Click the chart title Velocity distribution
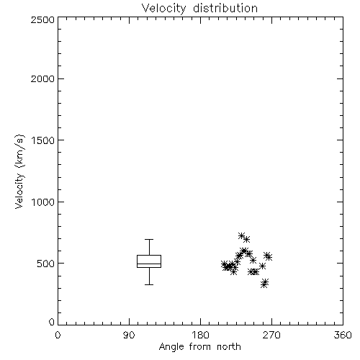(x=199, y=9)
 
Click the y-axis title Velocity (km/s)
(x=19, y=171)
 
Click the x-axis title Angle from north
(x=199, y=347)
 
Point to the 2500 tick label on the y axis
(x=42, y=20)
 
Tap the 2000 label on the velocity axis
(x=42, y=79)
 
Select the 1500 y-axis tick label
(x=43, y=140)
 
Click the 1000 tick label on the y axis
(x=43, y=202)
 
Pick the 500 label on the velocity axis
(x=45, y=264)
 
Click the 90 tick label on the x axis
(x=129, y=336)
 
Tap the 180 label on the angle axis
(x=200, y=336)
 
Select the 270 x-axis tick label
(x=271, y=336)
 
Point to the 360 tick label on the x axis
(x=343, y=336)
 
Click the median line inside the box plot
(x=149, y=264)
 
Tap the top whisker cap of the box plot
(x=149, y=239)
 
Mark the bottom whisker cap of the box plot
(x=149, y=284)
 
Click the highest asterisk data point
(x=242, y=235)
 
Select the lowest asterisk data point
(x=264, y=284)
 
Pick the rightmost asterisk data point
(x=269, y=258)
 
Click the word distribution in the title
(x=225, y=9)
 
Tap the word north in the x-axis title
(x=229, y=347)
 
